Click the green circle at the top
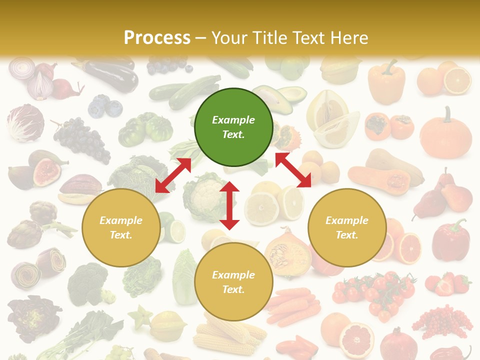click(233, 127)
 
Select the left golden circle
click(121, 227)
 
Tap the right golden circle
click(347, 227)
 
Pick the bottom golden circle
click(233, 282)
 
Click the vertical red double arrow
click(229, 205)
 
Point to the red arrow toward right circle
click(293, 170)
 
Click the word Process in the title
click(157, 37)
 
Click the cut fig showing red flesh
click(46, 171)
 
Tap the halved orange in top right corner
click(457, 80)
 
